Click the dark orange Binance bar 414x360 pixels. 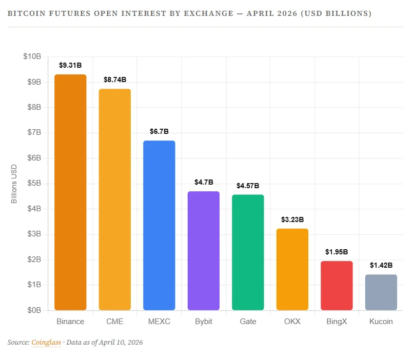(x=70, y=192)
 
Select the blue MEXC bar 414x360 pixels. (x=159, y=225)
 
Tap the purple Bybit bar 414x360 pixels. (x=204, y=251)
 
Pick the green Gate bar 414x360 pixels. (x=248, y=252)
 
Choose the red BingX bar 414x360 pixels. (x=337, y=286)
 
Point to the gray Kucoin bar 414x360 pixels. (x=381, y=292)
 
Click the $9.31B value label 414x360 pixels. (x=70, y=65)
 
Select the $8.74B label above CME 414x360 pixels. (x=115, y=79)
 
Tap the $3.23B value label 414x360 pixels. (x=292, y=219)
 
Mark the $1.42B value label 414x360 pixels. (x=381, y=265)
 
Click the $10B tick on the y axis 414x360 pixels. (x=32, y=56)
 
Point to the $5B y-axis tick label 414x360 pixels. (x=34, y=184)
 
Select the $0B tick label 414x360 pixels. (x=34, y=310)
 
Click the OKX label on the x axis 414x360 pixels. (x=292, y=322)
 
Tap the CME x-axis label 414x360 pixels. (x=115, y=322)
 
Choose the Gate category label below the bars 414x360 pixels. (x=248, y=322)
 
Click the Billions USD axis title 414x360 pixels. (x=14, y=184)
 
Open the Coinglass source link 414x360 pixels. (x=46, y=342)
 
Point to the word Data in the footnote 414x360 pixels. (x=75, y=342)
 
